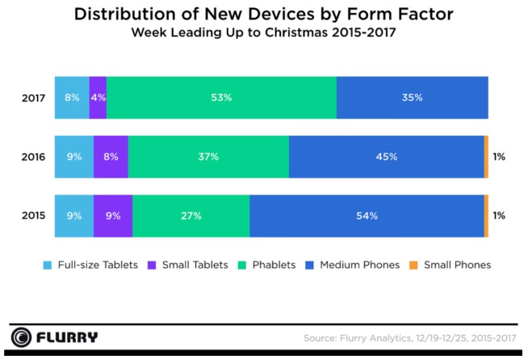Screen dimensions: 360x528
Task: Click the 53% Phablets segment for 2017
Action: [221, 98]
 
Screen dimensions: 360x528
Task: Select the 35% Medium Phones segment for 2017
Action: [412, 98]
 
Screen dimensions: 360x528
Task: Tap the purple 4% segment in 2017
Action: [98, 98]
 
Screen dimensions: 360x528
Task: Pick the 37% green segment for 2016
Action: [208, 157]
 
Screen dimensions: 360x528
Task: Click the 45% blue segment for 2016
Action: [386, 157]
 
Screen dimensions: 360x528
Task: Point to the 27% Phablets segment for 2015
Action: [191, 216]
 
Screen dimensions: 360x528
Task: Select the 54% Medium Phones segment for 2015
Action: [367, 216]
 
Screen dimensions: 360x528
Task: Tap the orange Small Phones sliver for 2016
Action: [486, 157]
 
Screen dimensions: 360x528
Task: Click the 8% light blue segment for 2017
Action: [72, 98]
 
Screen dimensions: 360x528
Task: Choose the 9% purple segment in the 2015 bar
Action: [113, 216]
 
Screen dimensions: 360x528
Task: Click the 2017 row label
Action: [33, 98]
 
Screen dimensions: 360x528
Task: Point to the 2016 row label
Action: [33, 157]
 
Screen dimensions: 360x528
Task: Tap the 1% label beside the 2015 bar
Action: [499, 216]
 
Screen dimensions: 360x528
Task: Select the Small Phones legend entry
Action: [448, 265]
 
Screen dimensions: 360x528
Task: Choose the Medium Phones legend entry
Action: [358, 265]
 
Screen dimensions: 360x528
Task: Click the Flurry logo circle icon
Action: [23, 337]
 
